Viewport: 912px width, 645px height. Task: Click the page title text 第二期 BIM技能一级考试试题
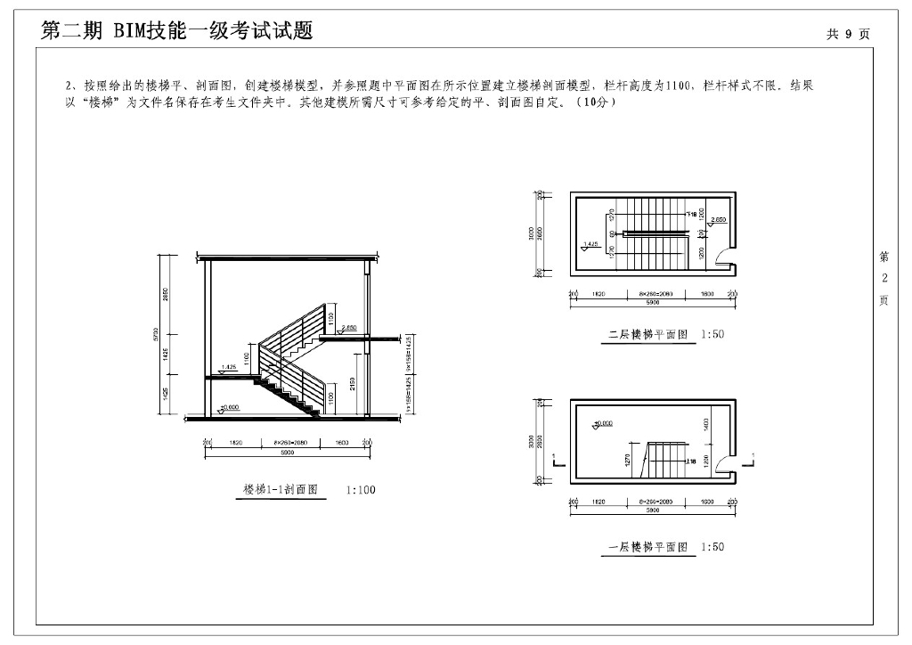pyautogui.click(x=177, y=31)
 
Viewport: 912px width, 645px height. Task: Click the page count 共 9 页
pyautogui.click(x=847, y=34)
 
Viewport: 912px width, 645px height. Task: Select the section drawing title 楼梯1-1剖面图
pyautogui.click(x=281, y=490)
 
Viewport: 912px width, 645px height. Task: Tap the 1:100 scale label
pyautogui.click(x=361, y=490)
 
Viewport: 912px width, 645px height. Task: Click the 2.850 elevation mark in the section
pyautogui.click(x=348, y=327)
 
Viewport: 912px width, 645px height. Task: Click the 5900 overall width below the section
pyautogui.click(x=286, y=453)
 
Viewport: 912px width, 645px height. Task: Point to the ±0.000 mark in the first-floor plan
pyautogui.click(x=606, y=423)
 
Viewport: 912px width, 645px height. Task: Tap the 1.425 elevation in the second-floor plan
pyautogui.click(x=589, y=243)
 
